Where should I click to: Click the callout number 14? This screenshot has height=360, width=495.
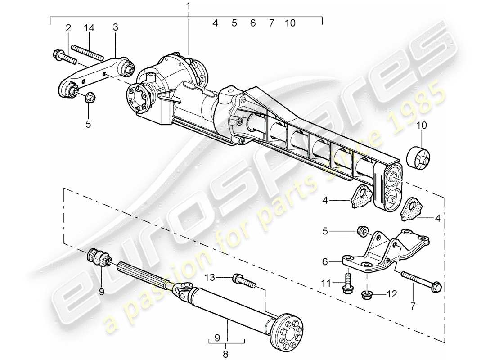click(x=89, y=28)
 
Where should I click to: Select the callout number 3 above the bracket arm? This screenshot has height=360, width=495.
click(x=116, y=28)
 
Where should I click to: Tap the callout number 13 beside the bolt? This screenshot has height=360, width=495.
click(x=211, y=277)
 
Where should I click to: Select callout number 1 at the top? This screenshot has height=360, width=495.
click(x=188, y=7)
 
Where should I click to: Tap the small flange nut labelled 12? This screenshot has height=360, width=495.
click(x=366, y=295)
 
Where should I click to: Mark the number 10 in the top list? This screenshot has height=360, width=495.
click(x=290, y=23)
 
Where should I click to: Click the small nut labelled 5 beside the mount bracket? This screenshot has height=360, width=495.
click(x=360, y=231)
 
